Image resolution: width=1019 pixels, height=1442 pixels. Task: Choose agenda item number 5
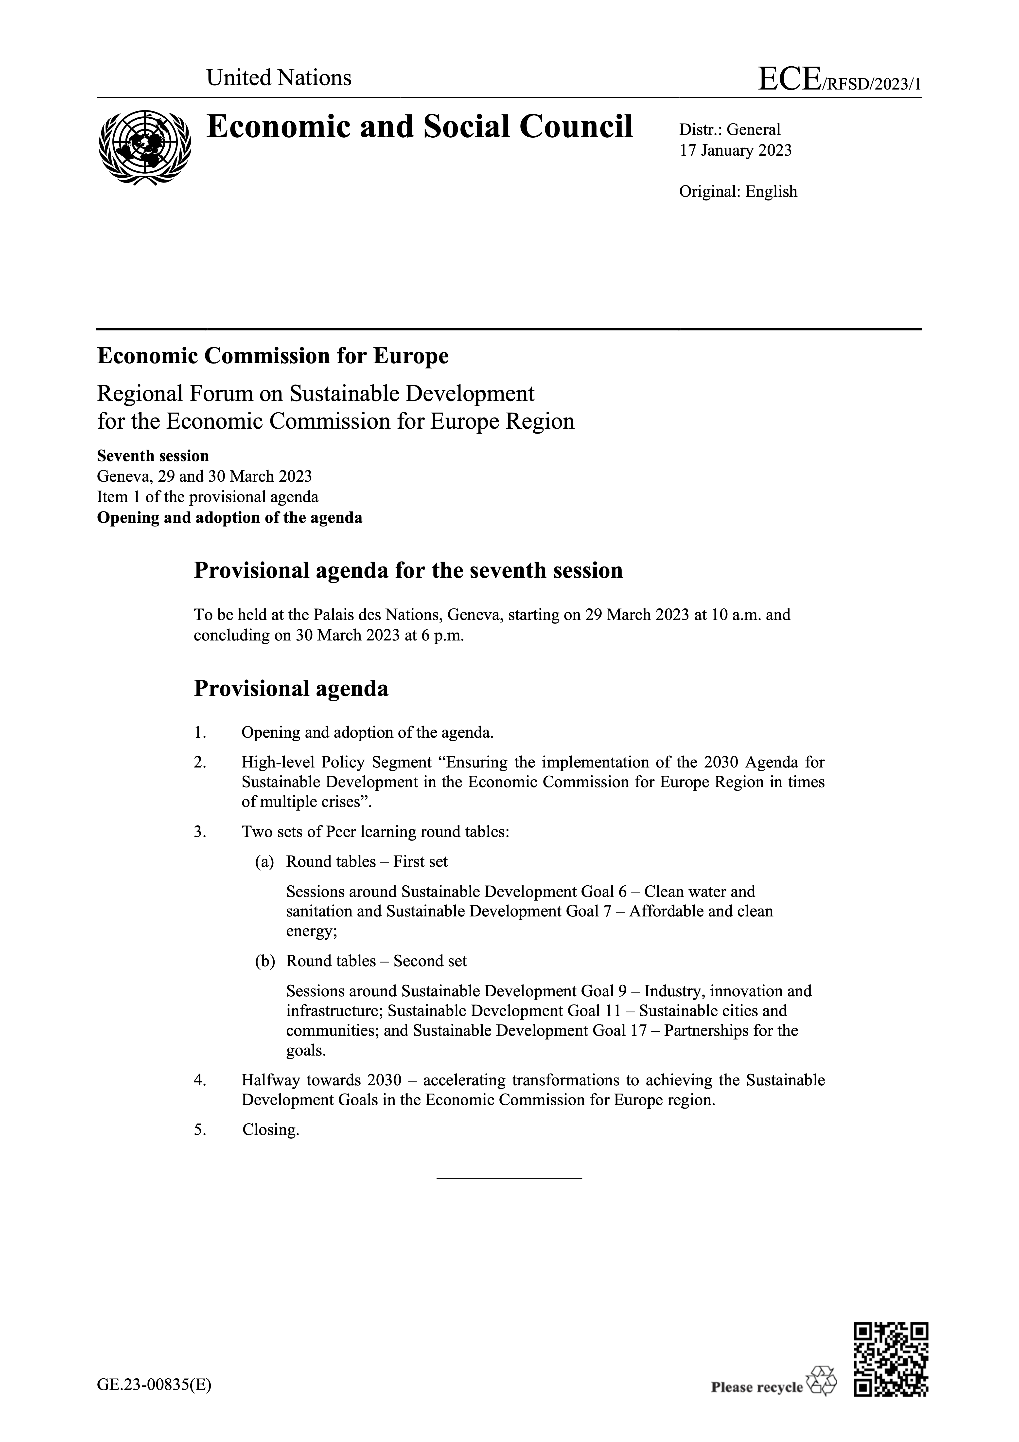[x=200, y=1130]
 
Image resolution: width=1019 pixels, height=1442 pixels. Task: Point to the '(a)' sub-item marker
[x=264, y=862]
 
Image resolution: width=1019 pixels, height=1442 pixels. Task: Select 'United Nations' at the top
[x=279, y=78]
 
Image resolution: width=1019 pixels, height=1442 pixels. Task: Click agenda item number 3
[x=200, y=832]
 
